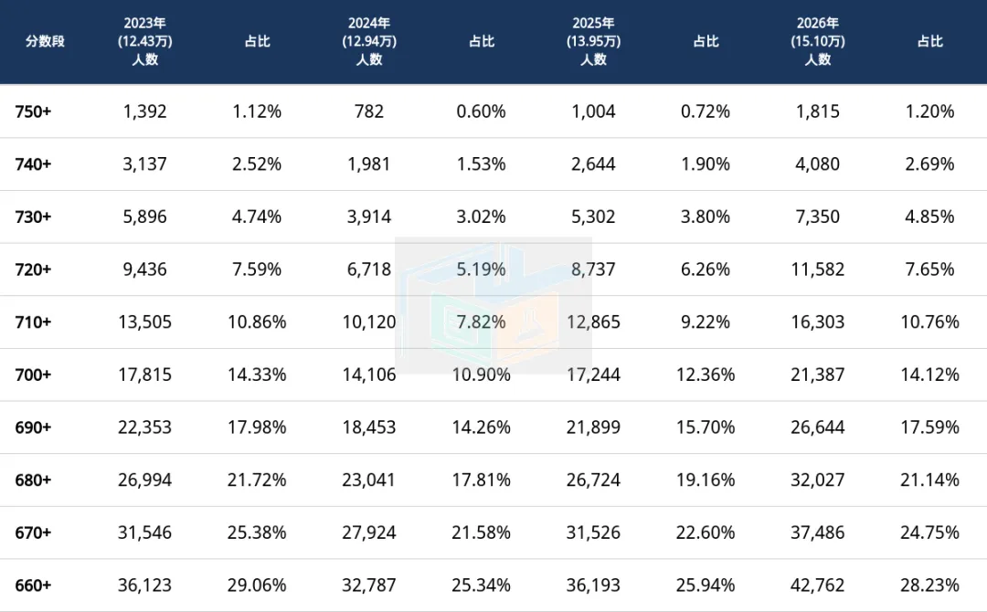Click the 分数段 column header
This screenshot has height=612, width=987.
pyautogui.click(x=45, y=41)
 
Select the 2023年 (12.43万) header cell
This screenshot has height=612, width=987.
pyautogui.click(x=144, y=41)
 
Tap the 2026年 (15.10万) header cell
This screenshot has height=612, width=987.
pyautogui.click(x=818, y=41)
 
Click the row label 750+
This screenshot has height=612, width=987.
pyautogui.click(x=34, y=111)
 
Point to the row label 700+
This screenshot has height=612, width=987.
pyautogui.click(x=34, y=375)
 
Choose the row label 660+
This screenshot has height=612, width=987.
pyautogui.click(x=34, y=586)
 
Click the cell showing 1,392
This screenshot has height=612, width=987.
pyautogui.click(x=144, y=111)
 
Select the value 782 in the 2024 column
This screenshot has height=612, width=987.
pyautogui.click(x=369, y=111)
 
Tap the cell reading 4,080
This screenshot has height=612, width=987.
pyautogui.click(x=818, y=164)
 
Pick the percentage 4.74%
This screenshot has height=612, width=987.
pyautogui.click(x=257, y=217)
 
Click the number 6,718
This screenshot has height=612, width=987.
pyautogui.click(x=369, y=269)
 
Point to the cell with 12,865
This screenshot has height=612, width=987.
pyautogui.click(x=594, y=322)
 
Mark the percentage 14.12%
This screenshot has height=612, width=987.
pyautogui.click(x=929, y=375)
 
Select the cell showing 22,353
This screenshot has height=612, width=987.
pyautogui.click(x=144, y=427)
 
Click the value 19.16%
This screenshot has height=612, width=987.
pyautogui.click(x=706, y=480)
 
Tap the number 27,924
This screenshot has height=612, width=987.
pyautogui.click(x=369, y=533)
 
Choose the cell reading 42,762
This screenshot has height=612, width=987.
pyautogui.click(x=818, y=586)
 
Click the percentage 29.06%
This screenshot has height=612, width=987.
pyautogui.click(x=257, y=586)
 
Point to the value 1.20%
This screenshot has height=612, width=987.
pyautogui.click(x=929, y=111)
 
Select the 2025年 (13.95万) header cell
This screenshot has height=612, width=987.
pyautogui.click(x=594, y=41)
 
